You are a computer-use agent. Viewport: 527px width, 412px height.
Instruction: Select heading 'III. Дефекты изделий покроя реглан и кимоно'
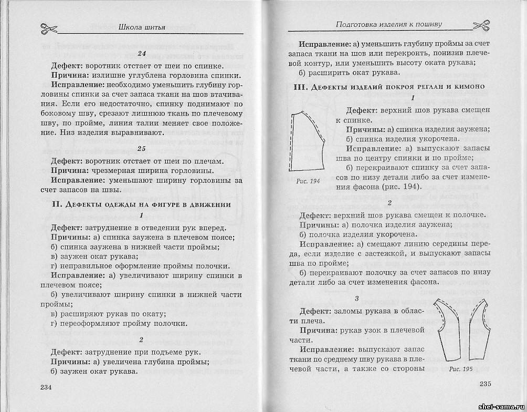point(388,86)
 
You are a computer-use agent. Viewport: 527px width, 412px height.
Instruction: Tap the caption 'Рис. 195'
point(461,369)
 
